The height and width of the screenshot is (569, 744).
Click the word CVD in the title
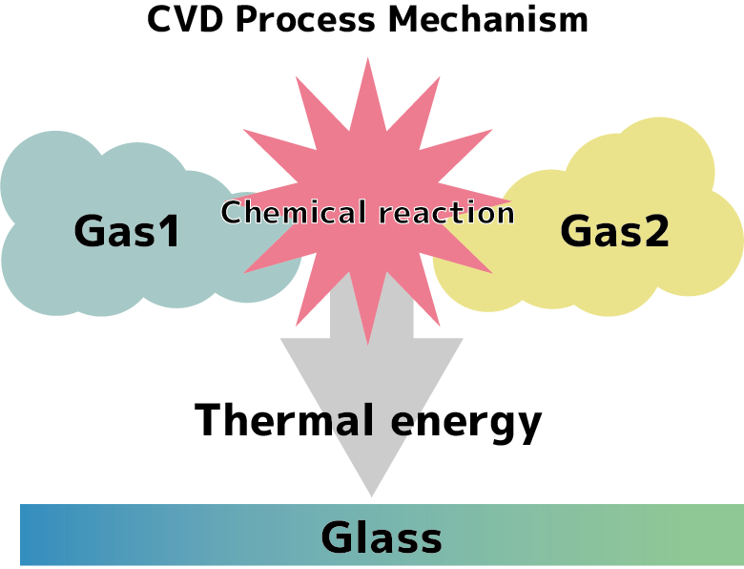[185, 19]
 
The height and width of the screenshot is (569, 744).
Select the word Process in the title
[305, 19]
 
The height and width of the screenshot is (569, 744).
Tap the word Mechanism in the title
[488, 19]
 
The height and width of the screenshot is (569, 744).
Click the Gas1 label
[127, 231]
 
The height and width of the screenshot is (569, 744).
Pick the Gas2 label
[614, 231]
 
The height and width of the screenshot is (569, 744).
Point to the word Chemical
[294, 212]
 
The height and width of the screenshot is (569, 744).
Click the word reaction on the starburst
[446, 213]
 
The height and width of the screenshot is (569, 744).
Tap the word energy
[465, 424]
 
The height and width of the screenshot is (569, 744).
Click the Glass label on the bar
[382, 537]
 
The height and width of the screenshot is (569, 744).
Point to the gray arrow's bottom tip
[372, 496]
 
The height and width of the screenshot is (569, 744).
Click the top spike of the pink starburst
[368, 58]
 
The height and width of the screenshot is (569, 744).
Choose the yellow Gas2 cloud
[593, 219]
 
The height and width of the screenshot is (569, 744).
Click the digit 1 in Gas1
[170, 231]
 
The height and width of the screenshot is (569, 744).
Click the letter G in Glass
[336, 537]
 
